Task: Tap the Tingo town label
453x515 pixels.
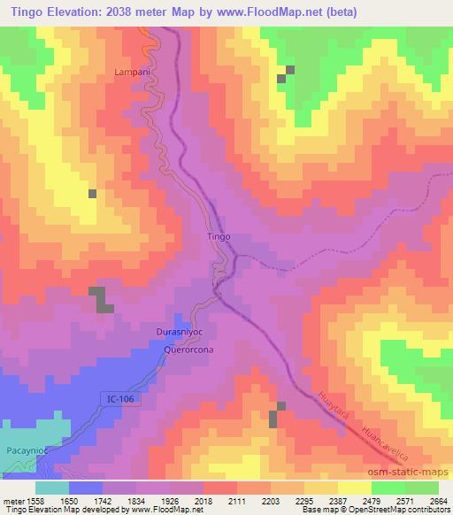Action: [x=219, y=236]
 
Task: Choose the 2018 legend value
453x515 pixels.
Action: [x=204, y=500]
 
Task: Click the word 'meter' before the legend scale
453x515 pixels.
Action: [x=12, y=500]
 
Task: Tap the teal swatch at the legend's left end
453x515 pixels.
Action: [x=52, y=488]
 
